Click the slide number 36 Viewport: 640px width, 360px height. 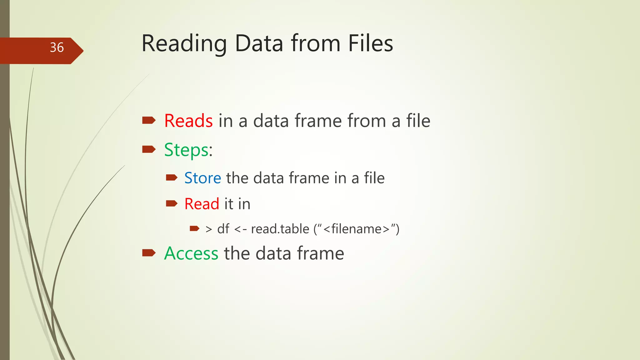(x=57, y=47)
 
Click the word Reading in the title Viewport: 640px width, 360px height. (x=184, y=44)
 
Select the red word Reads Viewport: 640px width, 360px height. (x=188, y=121)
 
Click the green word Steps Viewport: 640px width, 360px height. (x=187, y=150)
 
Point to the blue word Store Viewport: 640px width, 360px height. (x=202, y=178)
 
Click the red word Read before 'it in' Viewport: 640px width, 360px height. (x=202, y=204)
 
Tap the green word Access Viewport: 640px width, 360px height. (x=191, y=253)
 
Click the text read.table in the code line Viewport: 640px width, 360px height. (x=280, y=229)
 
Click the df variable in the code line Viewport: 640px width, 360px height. (x=223, y=229)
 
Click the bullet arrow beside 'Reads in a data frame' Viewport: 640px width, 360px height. (x=149, y=120)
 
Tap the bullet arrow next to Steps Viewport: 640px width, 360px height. (x=149, y=149)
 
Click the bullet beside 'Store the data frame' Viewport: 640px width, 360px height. (x=172, y=178)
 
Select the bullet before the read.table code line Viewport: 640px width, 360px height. (x=194, y=228)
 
